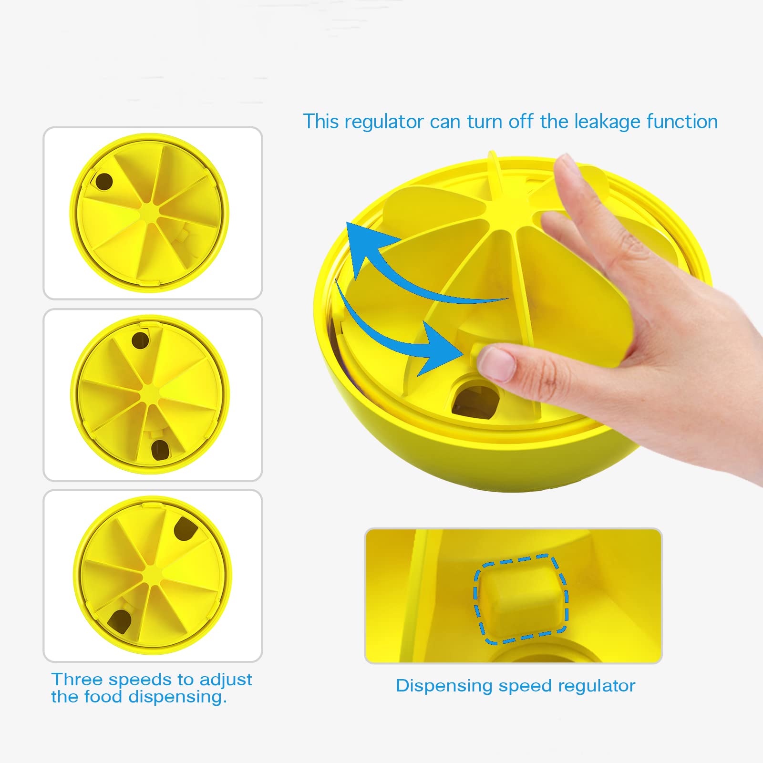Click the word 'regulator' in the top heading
pyautogui.click(x=384, y=122)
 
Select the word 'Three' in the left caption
pyautogui.click(x=77, y=679)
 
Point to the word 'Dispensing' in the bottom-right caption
pyautogui.click(x=444, y=686)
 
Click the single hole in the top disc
pyautogui.click(x=104, y=182)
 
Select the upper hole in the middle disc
pyautogui.click(x=140, y=340)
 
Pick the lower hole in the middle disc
pyautogui.click(x=160, y=450)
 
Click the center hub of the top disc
pyautogui.click(x=150, y=213)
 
